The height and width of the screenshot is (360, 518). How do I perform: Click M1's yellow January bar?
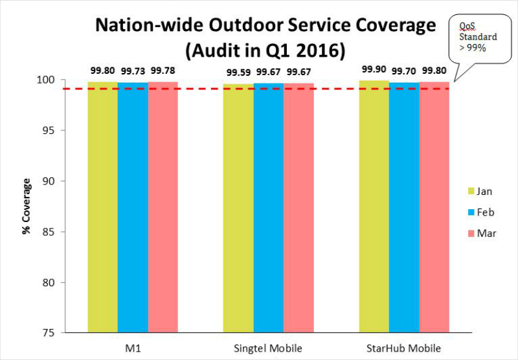(x=102, y=207)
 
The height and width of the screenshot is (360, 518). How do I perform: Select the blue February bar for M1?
(x=133, y=207)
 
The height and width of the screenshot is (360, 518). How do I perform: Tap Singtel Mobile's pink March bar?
(x=299, y=207)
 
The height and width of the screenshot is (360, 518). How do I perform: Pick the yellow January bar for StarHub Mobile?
(x=374, y=207)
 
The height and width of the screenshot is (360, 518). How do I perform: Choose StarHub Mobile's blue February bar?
(x=404, y=207)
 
